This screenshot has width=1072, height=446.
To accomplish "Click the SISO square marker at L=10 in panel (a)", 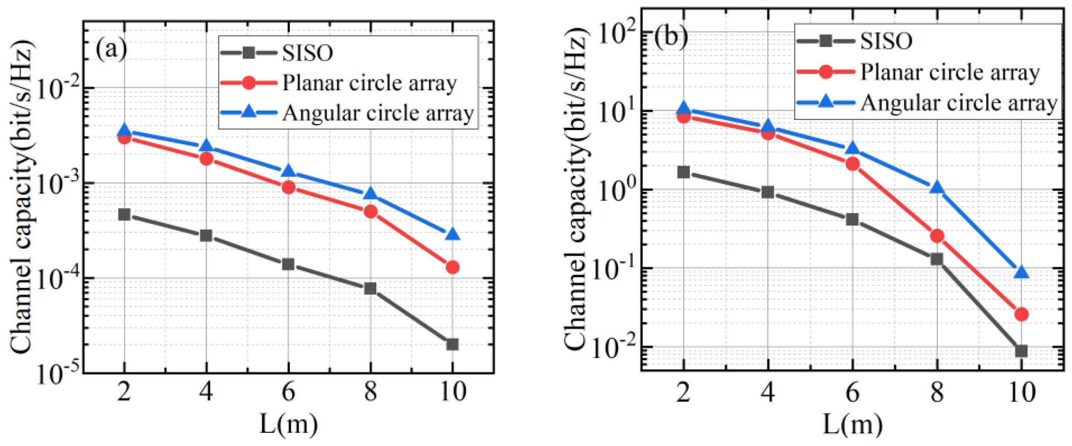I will tap(452, 344).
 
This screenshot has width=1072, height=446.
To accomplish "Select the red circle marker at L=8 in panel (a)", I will tap(371, 212).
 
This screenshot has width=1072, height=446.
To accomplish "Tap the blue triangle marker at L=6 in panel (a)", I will tap(288, 171).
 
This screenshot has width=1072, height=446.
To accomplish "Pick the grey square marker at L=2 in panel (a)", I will tap(124, 215).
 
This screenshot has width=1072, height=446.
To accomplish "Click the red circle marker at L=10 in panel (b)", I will tap(1021, 314).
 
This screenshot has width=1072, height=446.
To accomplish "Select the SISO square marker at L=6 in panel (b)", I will tap(852, 219).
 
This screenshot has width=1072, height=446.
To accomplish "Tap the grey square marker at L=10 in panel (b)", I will tap(1021, 351).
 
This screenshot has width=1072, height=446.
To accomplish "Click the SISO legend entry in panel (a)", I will tap(307, 53).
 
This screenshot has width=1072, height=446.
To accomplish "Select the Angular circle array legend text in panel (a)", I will tap(378, 113).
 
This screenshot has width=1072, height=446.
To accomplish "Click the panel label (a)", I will tap(111, 49).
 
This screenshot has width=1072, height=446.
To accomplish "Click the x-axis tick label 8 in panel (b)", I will tap(937, 393).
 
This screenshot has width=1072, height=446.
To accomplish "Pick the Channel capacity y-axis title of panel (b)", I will tap(576, 187).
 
